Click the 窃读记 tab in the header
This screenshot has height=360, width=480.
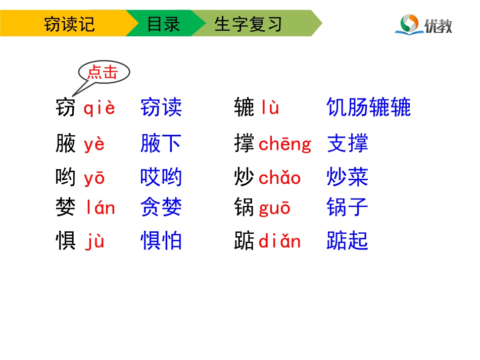(x=69, y=24)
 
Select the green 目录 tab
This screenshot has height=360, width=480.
(x=163, y=24)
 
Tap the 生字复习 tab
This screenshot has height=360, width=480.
(x=248, y=24)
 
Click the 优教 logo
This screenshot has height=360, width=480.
(x=423, y=24)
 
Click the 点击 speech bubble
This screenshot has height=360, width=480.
(x=103, y=73)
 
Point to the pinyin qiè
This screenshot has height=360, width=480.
(x=100, y=108)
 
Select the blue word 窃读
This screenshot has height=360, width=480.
(x=161, y=108)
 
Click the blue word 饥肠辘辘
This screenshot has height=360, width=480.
(x=369, y=108)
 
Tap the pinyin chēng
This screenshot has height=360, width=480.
(x=285, y=144)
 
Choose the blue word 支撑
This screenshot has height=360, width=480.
(x=348, y=144)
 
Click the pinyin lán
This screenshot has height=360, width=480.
(x=100, y=208)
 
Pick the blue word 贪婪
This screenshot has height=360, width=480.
(x=161, y=208)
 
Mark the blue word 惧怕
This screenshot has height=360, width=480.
(x=161, y=241)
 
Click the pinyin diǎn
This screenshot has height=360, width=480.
(x=279, y=241)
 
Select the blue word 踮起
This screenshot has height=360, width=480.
(x=348, y=241)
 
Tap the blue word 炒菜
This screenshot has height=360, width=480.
(x=348, y=178)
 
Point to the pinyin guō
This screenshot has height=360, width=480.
(x=275, y=208)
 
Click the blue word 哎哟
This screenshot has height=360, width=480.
(x=161, y=178)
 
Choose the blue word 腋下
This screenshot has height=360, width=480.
(x=161, y=144)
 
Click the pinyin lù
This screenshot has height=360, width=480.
(x=270, y=108)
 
